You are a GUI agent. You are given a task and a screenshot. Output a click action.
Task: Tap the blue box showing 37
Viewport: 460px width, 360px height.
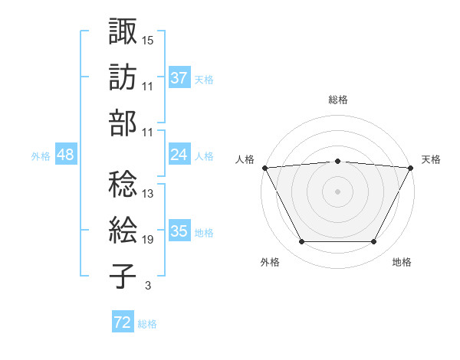(x=179, y=78)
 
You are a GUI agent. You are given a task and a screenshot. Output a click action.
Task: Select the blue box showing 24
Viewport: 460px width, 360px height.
(x=179, y=155)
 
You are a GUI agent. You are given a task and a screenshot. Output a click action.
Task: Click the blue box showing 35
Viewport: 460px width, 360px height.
(x=179, y=231)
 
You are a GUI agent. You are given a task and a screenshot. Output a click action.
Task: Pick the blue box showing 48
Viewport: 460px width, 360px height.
(x=66, y=155)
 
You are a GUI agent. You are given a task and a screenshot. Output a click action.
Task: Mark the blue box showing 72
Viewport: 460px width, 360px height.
(x=123, y=323)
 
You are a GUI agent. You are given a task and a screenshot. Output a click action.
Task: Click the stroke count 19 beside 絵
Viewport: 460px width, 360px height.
(x=148, y=240)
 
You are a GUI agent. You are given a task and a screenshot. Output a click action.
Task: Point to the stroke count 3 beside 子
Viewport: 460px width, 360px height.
(x=147, y=286)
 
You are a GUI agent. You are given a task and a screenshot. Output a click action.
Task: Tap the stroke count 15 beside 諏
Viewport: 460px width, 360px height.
(x=148, y=39)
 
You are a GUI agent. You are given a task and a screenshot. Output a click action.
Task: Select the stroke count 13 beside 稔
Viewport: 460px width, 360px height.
(x=148, y=194)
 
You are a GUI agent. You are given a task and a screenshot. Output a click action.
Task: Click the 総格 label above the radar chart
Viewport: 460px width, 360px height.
(x=337, y=100)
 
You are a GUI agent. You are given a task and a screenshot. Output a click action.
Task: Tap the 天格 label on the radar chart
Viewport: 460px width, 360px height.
(x=432, y=159)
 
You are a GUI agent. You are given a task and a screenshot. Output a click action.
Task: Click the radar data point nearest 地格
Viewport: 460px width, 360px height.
(x=373, y=242)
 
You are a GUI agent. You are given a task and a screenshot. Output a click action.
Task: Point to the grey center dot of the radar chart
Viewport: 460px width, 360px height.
(x=337, y=191)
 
